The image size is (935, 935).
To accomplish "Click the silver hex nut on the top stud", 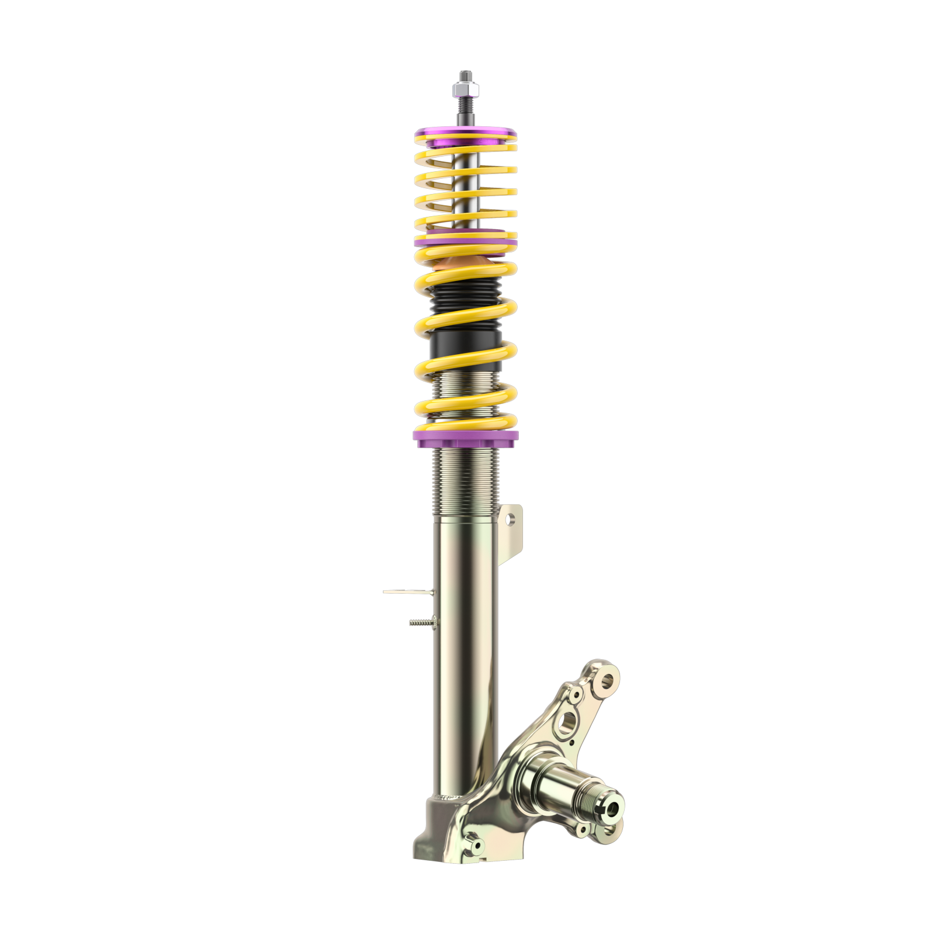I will tap(466, 90).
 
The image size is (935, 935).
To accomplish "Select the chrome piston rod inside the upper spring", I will tap(466, 193).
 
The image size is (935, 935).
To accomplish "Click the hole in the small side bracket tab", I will tap(512, 518).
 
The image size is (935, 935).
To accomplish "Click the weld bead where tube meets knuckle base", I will tap(450, 797).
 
